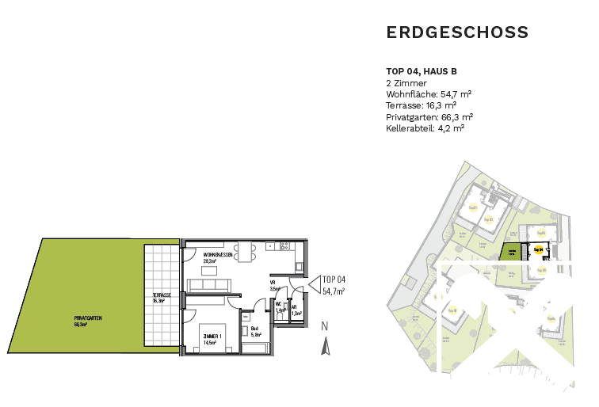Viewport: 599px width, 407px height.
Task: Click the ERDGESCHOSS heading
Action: pos(457,32)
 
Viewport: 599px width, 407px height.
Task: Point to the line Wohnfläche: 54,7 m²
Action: pos(429,93)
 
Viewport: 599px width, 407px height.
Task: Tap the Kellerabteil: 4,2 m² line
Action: pos(425,127)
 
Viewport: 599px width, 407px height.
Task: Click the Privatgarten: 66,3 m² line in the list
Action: pos(429,116)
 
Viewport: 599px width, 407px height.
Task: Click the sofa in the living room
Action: pos(209,285)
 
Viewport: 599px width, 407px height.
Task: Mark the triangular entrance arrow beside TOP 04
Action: pos(312,283)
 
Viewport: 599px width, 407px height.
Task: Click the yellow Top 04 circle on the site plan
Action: pos(538,249)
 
